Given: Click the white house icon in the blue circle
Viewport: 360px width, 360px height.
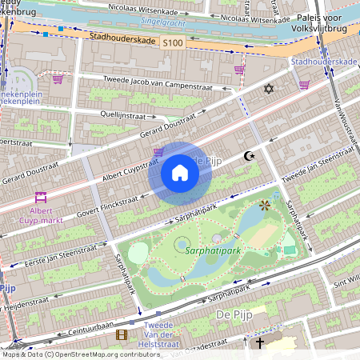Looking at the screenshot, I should [180, 173].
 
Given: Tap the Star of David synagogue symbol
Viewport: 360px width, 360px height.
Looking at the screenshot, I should [268, 87].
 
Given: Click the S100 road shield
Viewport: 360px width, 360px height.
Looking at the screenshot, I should [171, 42].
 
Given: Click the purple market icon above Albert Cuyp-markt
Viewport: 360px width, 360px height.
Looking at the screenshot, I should [40, 197].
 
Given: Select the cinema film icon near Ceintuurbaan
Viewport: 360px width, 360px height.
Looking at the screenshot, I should [122, 335].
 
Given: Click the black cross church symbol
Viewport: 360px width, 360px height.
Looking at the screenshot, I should [258, 342].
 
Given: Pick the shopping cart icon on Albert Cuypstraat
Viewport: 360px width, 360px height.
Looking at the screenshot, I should [158, 150].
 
